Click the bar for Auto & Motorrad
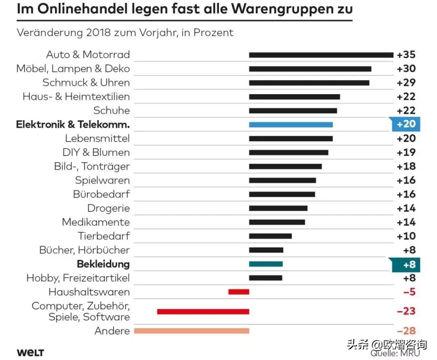click(x=321, y=55)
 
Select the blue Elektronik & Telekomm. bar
click(x=291, y=125)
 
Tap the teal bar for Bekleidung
click(x=265, y=264)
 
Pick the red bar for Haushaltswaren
click(x=239, y=292)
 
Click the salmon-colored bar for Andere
click(x=191, y=331)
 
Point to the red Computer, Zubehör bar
click(x=203, y=311)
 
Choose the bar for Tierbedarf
click(x=270, y=236)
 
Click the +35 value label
click(x=406, y=55)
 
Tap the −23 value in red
click(x=406, y=311)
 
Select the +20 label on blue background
click(x=406, y=124)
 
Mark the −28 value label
click(x=406, y=331)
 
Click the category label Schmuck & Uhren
click(x=86, y=83)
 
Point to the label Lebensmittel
click(x=97, y=138)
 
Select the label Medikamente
click(x=96, y=222)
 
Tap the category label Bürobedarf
click(x=102, y=194)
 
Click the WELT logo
click(x=30, y=352)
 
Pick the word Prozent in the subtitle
click(x=214, y=32)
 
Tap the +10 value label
click(x=406, y=236)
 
